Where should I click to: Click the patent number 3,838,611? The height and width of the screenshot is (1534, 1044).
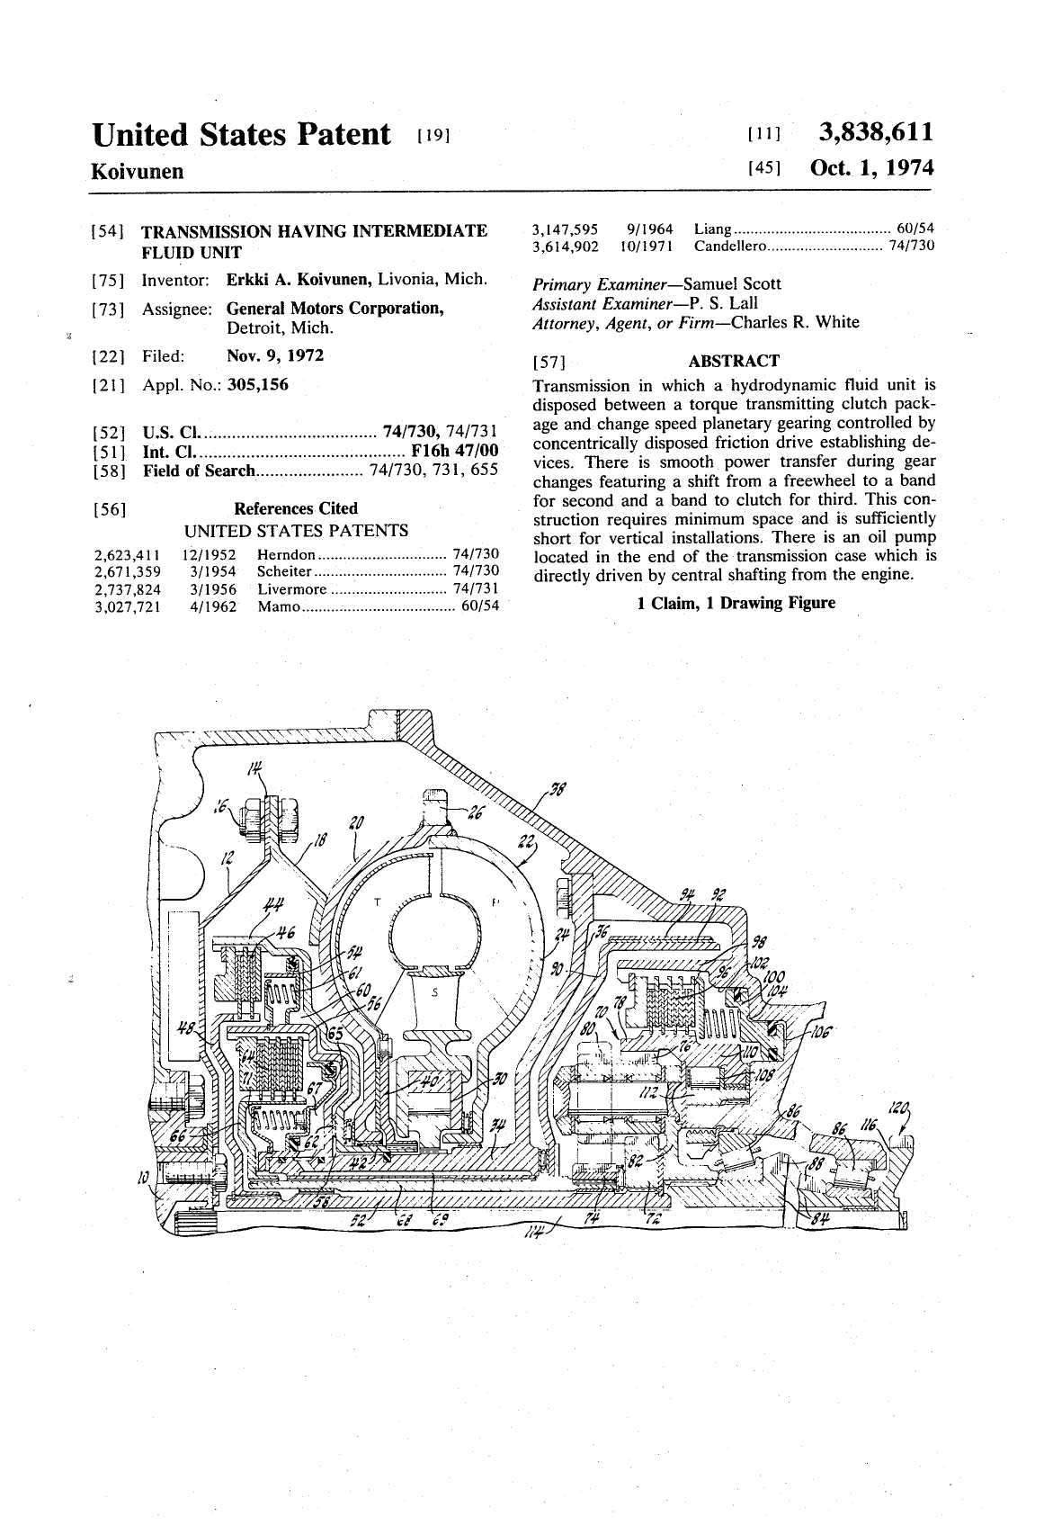[x=875, y=133]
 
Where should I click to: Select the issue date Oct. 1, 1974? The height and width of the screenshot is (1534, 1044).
[x=871, y=168]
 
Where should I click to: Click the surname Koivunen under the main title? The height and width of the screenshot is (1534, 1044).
[x=138, y=171]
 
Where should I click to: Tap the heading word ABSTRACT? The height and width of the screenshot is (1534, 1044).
[x=733, y=362]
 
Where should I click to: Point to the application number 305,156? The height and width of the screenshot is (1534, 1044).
[x=257, y=385]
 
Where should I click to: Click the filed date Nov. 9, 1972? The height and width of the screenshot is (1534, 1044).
[x=275, y=355]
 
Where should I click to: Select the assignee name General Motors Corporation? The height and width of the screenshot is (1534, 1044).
[x=335, y=309]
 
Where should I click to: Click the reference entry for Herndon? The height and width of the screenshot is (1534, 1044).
[x=286, y=555]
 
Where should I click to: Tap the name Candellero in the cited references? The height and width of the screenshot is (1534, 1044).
[x=729, y=246]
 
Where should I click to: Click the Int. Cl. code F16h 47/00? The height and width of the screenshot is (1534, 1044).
[x=453, y=451]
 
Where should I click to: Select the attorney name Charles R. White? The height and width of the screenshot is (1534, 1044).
[x=794, y=322]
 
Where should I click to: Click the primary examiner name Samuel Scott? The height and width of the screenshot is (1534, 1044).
[x=732, y=283]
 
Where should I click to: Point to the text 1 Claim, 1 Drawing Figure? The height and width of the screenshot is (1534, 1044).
[x=736, y=603]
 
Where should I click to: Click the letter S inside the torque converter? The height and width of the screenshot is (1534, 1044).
[x=434, y=994]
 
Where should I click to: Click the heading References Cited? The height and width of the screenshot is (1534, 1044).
[x=295, y=508]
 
